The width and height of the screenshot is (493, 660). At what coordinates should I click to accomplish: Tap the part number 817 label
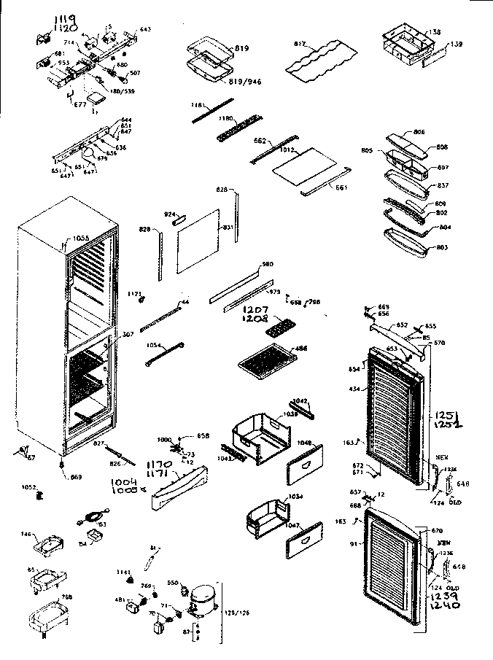coord(299,44)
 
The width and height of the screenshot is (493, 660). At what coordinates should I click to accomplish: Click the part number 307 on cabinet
coord(128,335)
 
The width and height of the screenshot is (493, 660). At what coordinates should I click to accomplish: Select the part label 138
coord(435,33)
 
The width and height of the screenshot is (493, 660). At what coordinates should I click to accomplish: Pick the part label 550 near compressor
coord(172,583)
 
